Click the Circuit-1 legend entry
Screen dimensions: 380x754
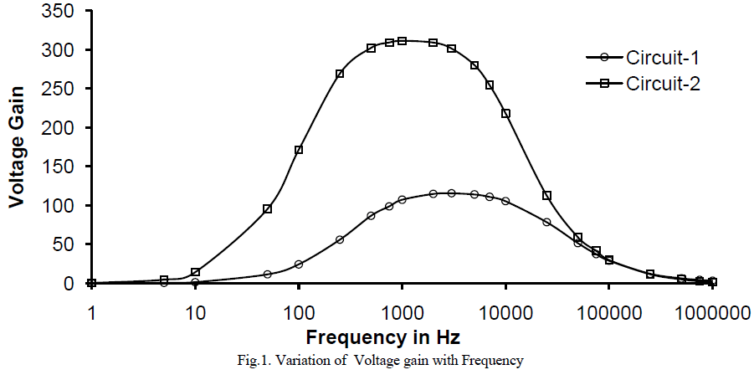[x=662, y=58]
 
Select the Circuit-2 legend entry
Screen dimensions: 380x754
[x=662, y=84]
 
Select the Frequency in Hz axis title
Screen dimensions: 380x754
[x=382, y=337]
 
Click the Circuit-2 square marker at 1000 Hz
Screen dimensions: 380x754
[x=403, y=41]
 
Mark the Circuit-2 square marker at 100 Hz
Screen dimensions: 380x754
[x=299, y=150]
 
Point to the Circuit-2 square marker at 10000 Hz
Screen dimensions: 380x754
[x=505, y=114]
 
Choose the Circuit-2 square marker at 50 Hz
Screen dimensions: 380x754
[x=268, y=208]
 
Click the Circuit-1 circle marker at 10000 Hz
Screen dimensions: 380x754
[x=505, y=201]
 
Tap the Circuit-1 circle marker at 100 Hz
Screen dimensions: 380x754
[x=299, y=264]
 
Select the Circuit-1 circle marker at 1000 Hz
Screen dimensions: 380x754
[x=403, y=199]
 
